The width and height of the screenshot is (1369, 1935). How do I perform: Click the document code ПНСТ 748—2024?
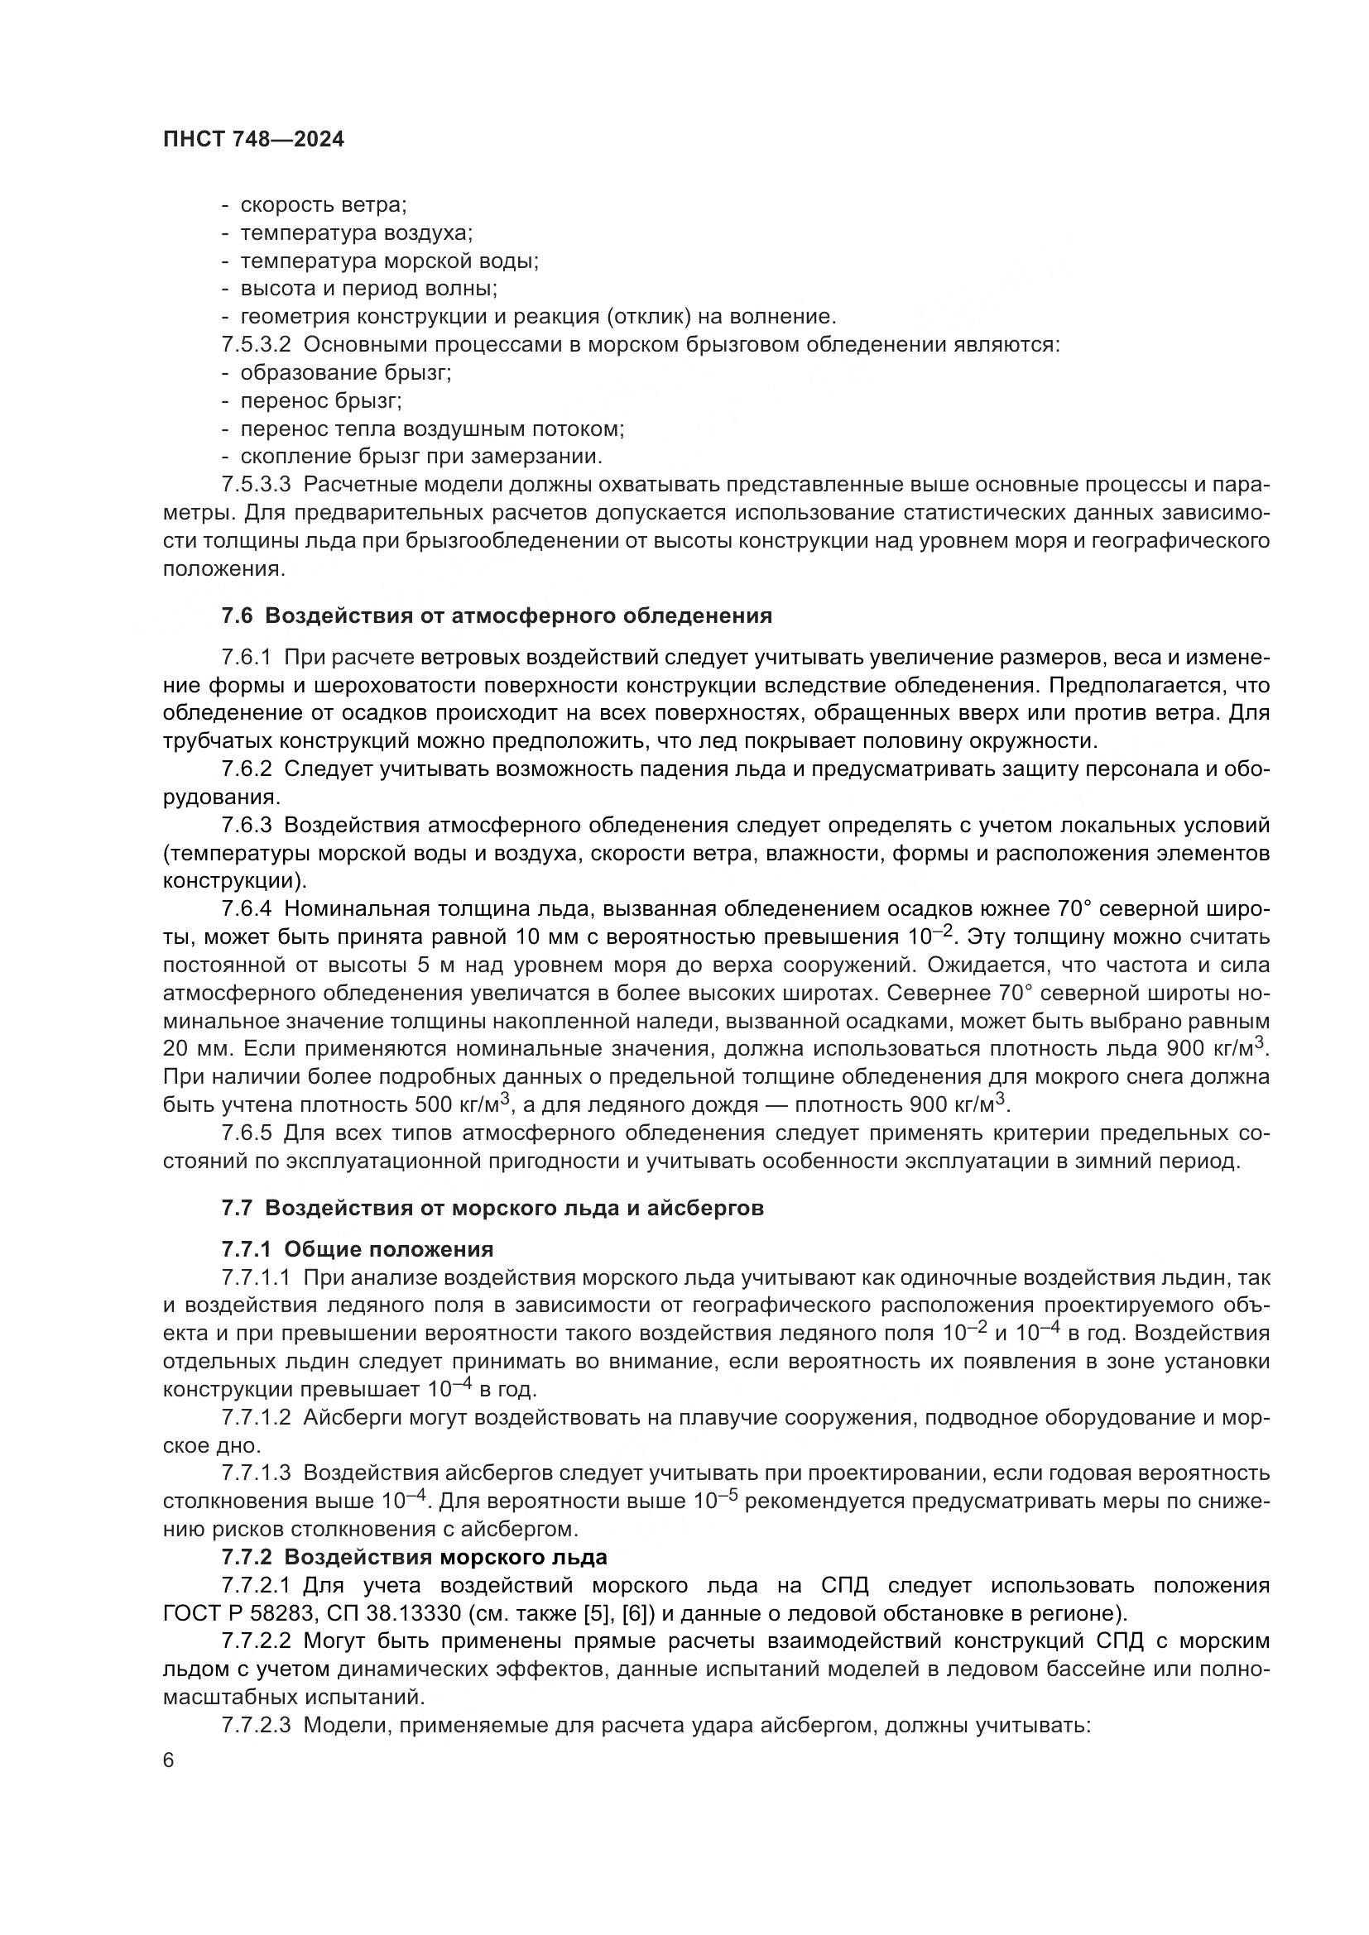point(254,140)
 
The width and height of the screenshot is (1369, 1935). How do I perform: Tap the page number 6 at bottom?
point(169,1761)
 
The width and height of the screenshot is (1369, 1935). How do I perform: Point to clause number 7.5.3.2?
point(257,345)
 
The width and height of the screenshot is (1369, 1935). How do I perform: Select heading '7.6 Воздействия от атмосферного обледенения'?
point(497,616)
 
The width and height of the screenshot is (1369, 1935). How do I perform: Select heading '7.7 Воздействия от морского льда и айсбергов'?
point(492,1209)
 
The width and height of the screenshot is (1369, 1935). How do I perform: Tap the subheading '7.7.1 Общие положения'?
point(358,1249)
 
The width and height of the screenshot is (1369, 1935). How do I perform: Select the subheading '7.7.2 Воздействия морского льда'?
point(414,1557)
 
